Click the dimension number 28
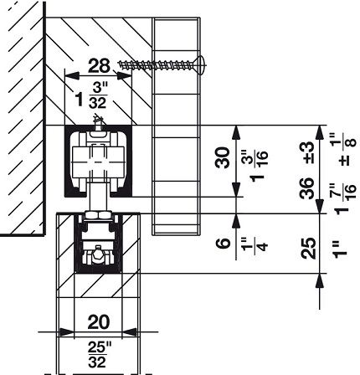pos(99,66)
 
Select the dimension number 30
pos(223,157)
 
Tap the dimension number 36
pos(306,188)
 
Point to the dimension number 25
pos(308,249)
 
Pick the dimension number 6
pos(224,243)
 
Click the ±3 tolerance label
pos(307,152)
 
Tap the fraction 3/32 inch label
pos(98,95)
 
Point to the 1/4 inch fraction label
pos(255,244)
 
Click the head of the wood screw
pos(202,65)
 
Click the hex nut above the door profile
pos(98,215)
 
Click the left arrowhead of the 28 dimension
pos(72,75)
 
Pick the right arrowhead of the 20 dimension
pos(130,332)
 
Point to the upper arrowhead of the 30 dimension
pos(236,132)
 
